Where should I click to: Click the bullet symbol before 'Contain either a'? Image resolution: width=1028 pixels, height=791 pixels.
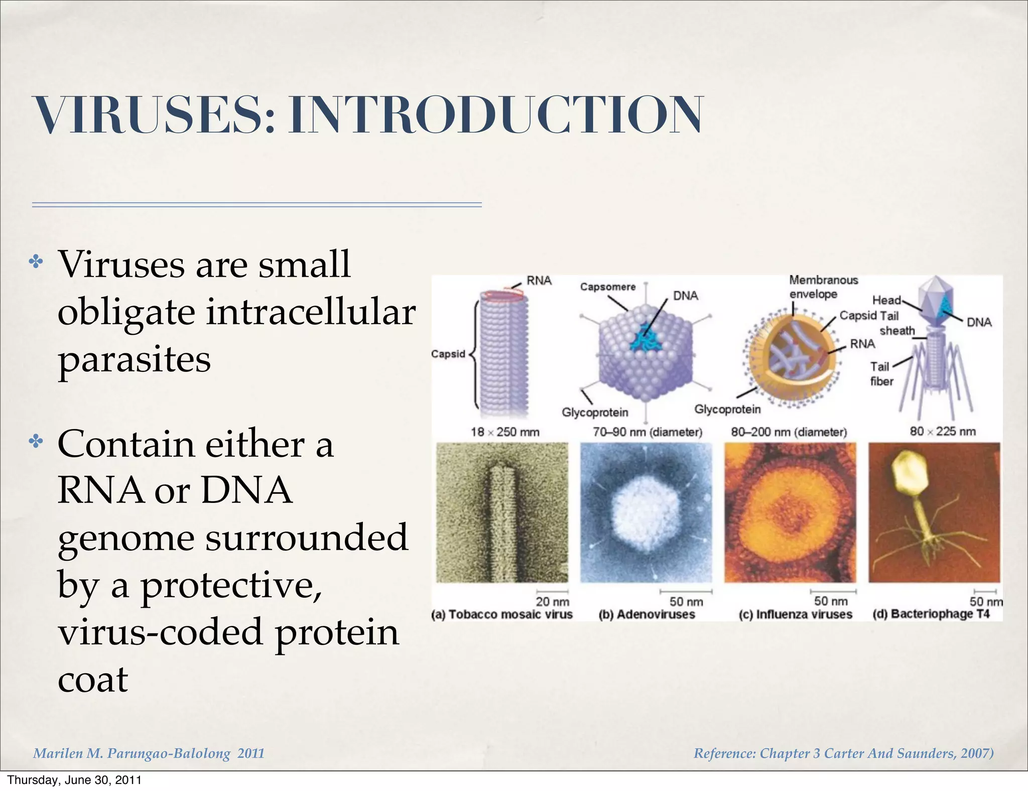click(36, 442)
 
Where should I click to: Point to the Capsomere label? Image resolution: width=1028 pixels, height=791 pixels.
click(607, 287)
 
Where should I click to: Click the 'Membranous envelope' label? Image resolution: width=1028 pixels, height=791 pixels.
click(823, 287)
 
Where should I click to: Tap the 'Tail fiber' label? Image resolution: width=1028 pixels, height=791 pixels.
click(881, 374)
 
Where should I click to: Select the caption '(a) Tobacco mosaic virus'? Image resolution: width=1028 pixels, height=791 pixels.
click(502, 614)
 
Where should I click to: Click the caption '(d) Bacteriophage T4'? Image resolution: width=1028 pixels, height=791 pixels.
click(931, 614)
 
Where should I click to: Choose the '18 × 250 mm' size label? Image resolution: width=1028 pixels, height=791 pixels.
click(505, 432)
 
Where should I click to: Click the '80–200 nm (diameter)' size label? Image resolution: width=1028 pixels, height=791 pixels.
click(789, 432)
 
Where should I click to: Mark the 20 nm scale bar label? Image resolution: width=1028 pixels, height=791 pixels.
click(552, 601)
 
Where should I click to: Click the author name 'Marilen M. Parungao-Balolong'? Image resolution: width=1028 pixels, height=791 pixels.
click(132, 753)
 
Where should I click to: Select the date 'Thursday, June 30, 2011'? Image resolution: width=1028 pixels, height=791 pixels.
click(74, 780)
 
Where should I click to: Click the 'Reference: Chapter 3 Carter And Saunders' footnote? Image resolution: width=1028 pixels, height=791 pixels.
click(843, 753)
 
